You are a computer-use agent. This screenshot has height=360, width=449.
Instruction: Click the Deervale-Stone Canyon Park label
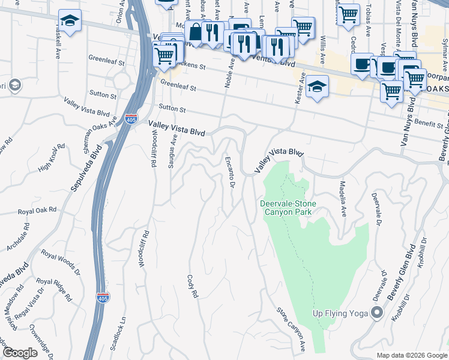pyautogui.click(x=288, y=208)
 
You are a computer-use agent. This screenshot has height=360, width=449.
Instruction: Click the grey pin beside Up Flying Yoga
pyautogui.click(x=377, y=313)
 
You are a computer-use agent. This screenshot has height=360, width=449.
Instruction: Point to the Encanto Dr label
pyautogui.click(x=229, y=172)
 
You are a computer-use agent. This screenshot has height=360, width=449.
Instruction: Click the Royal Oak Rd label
pyautogui.click(x=37, y=211)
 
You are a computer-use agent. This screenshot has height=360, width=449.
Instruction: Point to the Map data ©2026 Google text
pyautogui.click(x=411, y=355)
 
